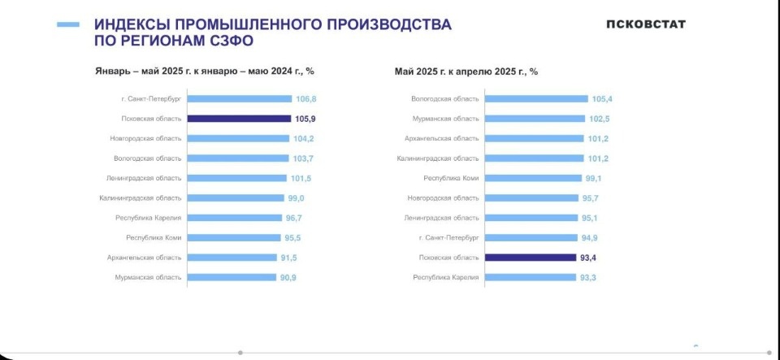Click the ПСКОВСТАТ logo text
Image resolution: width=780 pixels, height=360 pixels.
pos(645,24)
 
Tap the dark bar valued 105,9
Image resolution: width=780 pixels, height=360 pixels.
pos(239,119)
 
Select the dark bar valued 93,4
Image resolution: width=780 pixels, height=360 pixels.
pos(529,258)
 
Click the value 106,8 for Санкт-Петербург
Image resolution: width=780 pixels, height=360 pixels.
pos(306,99)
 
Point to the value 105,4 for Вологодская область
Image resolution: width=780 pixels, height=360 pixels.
pos(603,99)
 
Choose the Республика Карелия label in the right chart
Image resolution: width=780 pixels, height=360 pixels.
pos(446,277)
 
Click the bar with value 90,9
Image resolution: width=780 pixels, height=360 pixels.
pos(232,277)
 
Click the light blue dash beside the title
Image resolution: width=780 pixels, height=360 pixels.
pos(68,25)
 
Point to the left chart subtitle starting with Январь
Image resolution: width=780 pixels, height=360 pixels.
pos(205,72)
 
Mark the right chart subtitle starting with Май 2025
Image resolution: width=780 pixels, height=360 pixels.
pos(466,72)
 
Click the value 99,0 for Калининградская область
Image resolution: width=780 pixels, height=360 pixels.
pos(298,198)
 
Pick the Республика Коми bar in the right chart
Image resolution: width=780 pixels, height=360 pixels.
pos(530,178)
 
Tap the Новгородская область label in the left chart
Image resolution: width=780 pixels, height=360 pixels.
pos(146,139)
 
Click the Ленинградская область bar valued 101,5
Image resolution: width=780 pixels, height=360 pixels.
pos(236,178)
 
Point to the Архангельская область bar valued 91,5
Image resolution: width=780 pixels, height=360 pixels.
pos(232,258)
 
